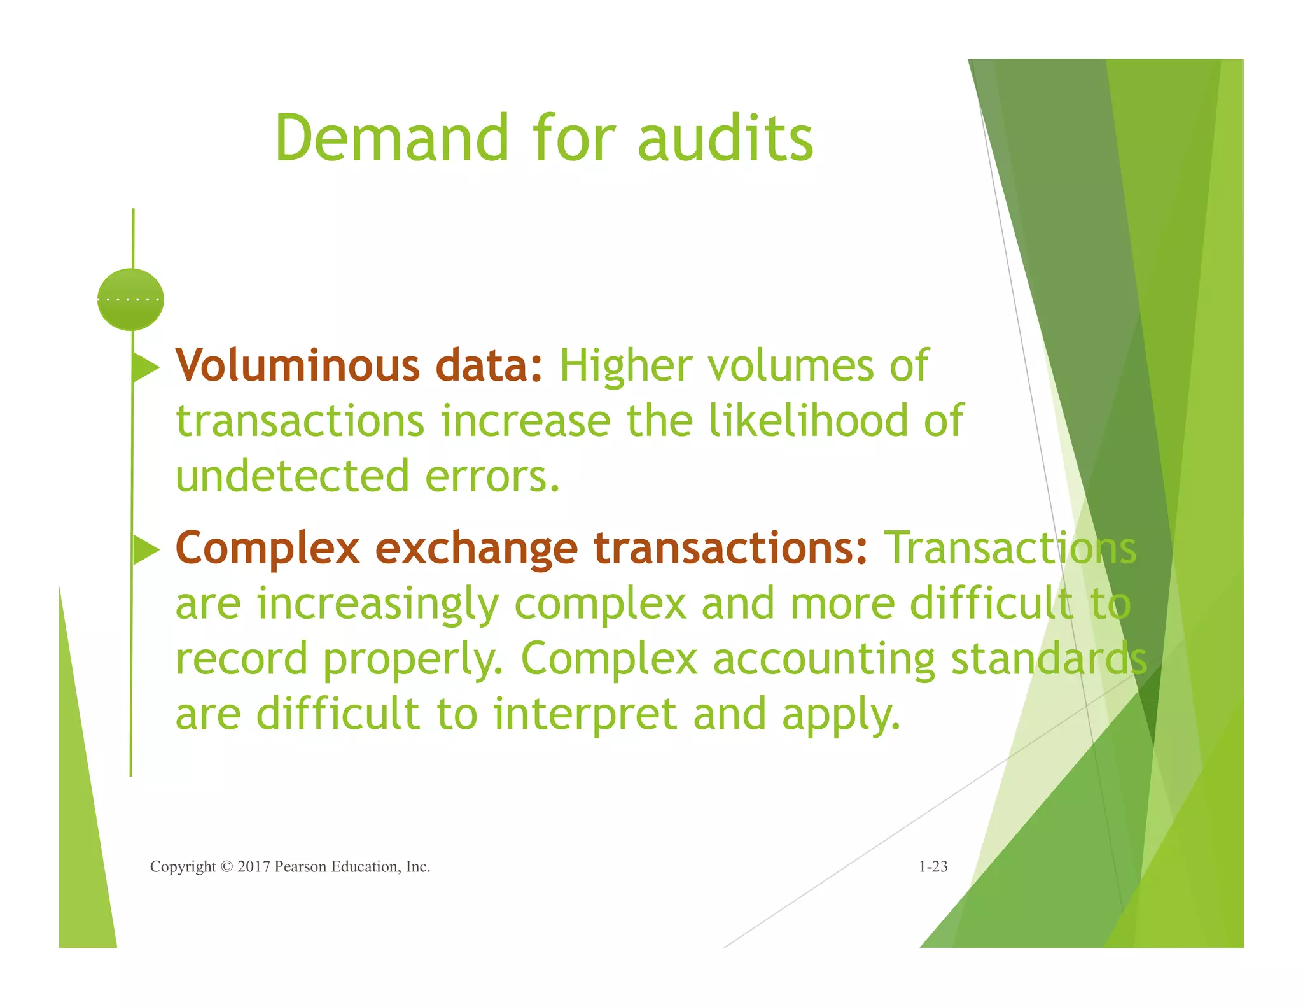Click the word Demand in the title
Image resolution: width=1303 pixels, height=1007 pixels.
(x=391, y=138)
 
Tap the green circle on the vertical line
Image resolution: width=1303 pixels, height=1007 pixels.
(x=130, y=299)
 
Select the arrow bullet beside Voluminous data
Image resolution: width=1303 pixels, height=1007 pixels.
(x=145, y=367)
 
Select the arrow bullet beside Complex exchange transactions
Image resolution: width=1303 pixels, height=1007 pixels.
(x=145, y=549)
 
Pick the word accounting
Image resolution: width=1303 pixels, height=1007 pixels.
(x=824, y=659)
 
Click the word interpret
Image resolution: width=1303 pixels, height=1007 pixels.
(x=585, y=714)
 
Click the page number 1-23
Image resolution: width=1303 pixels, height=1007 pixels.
(x=933, y=866)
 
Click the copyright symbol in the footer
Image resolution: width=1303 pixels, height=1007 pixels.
(x=226, y=867)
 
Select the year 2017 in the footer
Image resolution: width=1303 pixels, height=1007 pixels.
(x=254, y=867)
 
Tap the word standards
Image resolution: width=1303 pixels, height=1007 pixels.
(x=1049, y=659)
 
